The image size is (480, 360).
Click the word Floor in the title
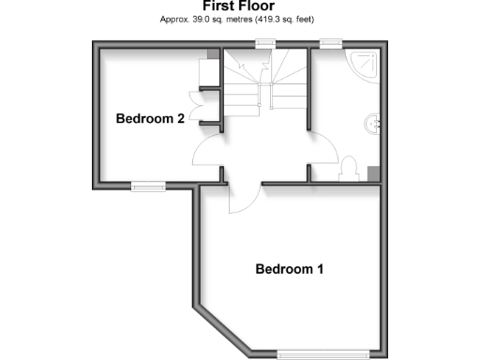click(258, 7)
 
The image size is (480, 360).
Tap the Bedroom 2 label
click(149, 119)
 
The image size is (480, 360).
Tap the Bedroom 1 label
click(290, 269)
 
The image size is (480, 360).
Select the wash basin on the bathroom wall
click(373, 121)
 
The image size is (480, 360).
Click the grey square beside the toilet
click(373, 172)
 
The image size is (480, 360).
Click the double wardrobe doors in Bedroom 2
click(194, 104)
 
